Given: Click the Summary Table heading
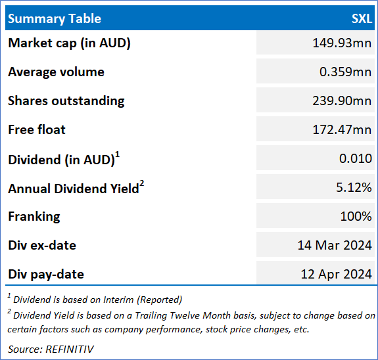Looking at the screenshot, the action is [55, 19].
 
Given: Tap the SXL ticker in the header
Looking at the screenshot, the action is [362, 18].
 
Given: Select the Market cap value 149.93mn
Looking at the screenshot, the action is [342, 43].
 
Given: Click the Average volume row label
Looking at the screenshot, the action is [56, 72].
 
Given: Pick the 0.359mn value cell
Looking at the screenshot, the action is [345, 72].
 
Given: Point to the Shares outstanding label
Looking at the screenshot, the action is [66, 101].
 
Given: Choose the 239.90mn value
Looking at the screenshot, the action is [342, 101].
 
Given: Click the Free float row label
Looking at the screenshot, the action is [37, 129].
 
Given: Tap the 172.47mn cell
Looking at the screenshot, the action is [342, 129].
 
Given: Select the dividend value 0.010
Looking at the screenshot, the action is [356, 158].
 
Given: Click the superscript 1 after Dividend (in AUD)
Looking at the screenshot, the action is [118, 154].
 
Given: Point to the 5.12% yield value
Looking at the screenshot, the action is [354, 187].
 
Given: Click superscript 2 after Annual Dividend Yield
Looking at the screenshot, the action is [142, 183].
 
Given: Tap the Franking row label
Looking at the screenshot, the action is [34, 217].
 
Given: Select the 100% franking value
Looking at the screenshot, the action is [356, 216].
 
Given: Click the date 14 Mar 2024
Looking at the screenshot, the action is [335, 245].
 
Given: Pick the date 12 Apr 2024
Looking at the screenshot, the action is [337, 274].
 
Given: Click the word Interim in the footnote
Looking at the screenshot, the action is [118, 300].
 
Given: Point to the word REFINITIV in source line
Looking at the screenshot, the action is [70, 349].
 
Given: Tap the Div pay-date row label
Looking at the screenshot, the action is [46, 275].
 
